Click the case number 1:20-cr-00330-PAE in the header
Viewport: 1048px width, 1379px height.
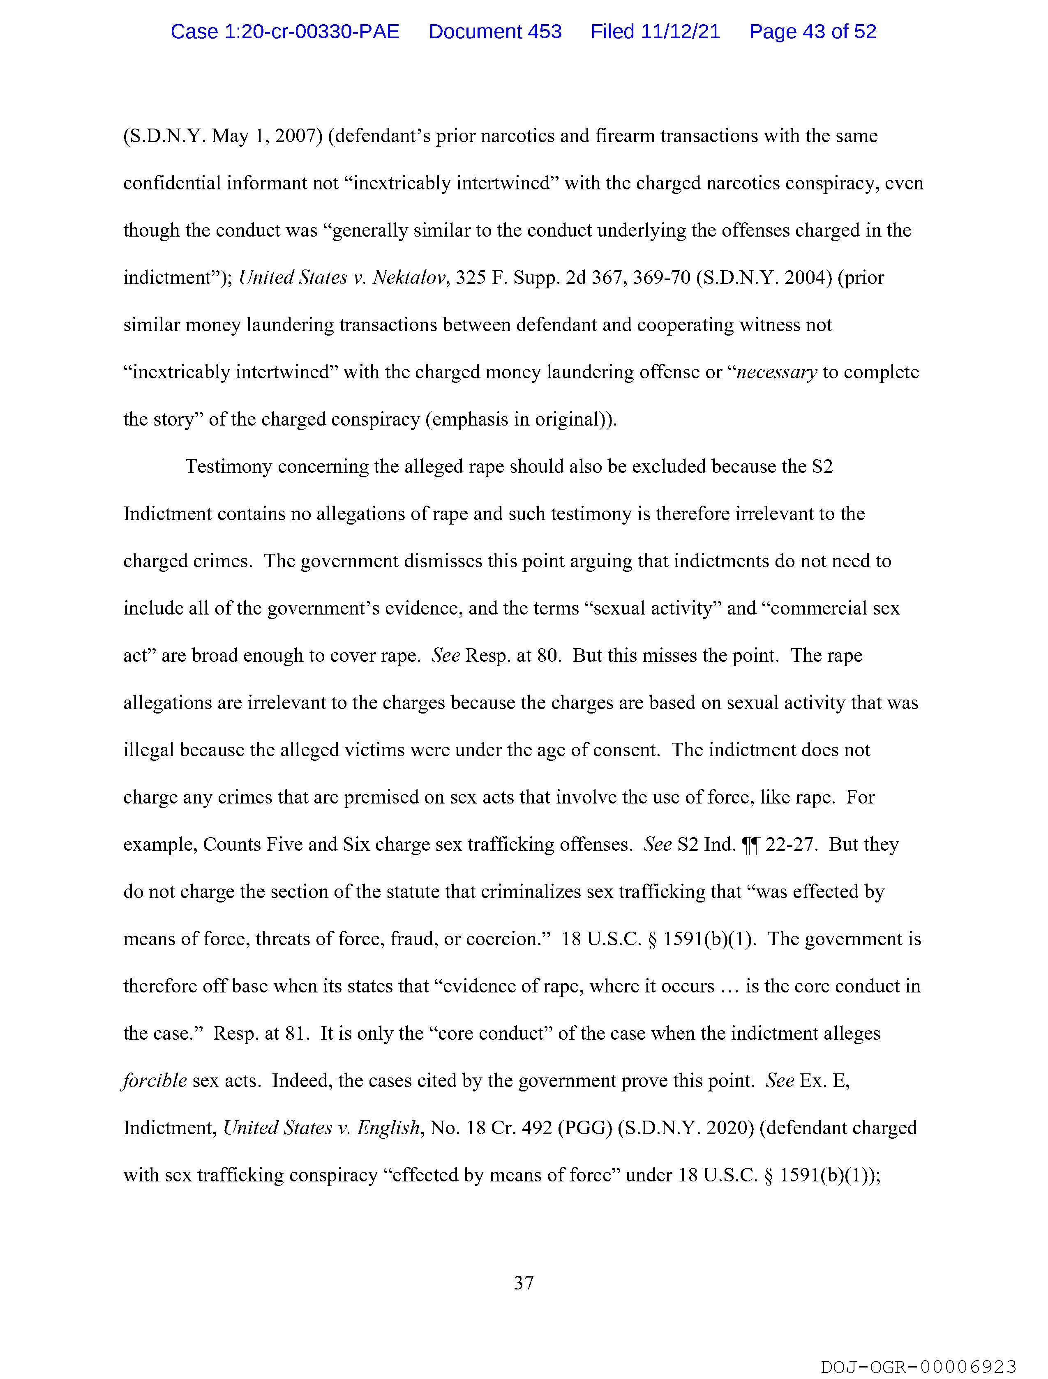285,31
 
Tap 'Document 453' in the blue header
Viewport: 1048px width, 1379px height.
495,31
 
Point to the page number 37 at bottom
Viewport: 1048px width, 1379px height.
523,1282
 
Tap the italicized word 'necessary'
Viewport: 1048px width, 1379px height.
777,372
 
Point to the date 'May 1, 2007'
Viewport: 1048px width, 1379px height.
266,136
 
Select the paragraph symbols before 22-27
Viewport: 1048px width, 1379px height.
750,845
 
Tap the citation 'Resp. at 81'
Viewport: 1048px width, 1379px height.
261,1033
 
